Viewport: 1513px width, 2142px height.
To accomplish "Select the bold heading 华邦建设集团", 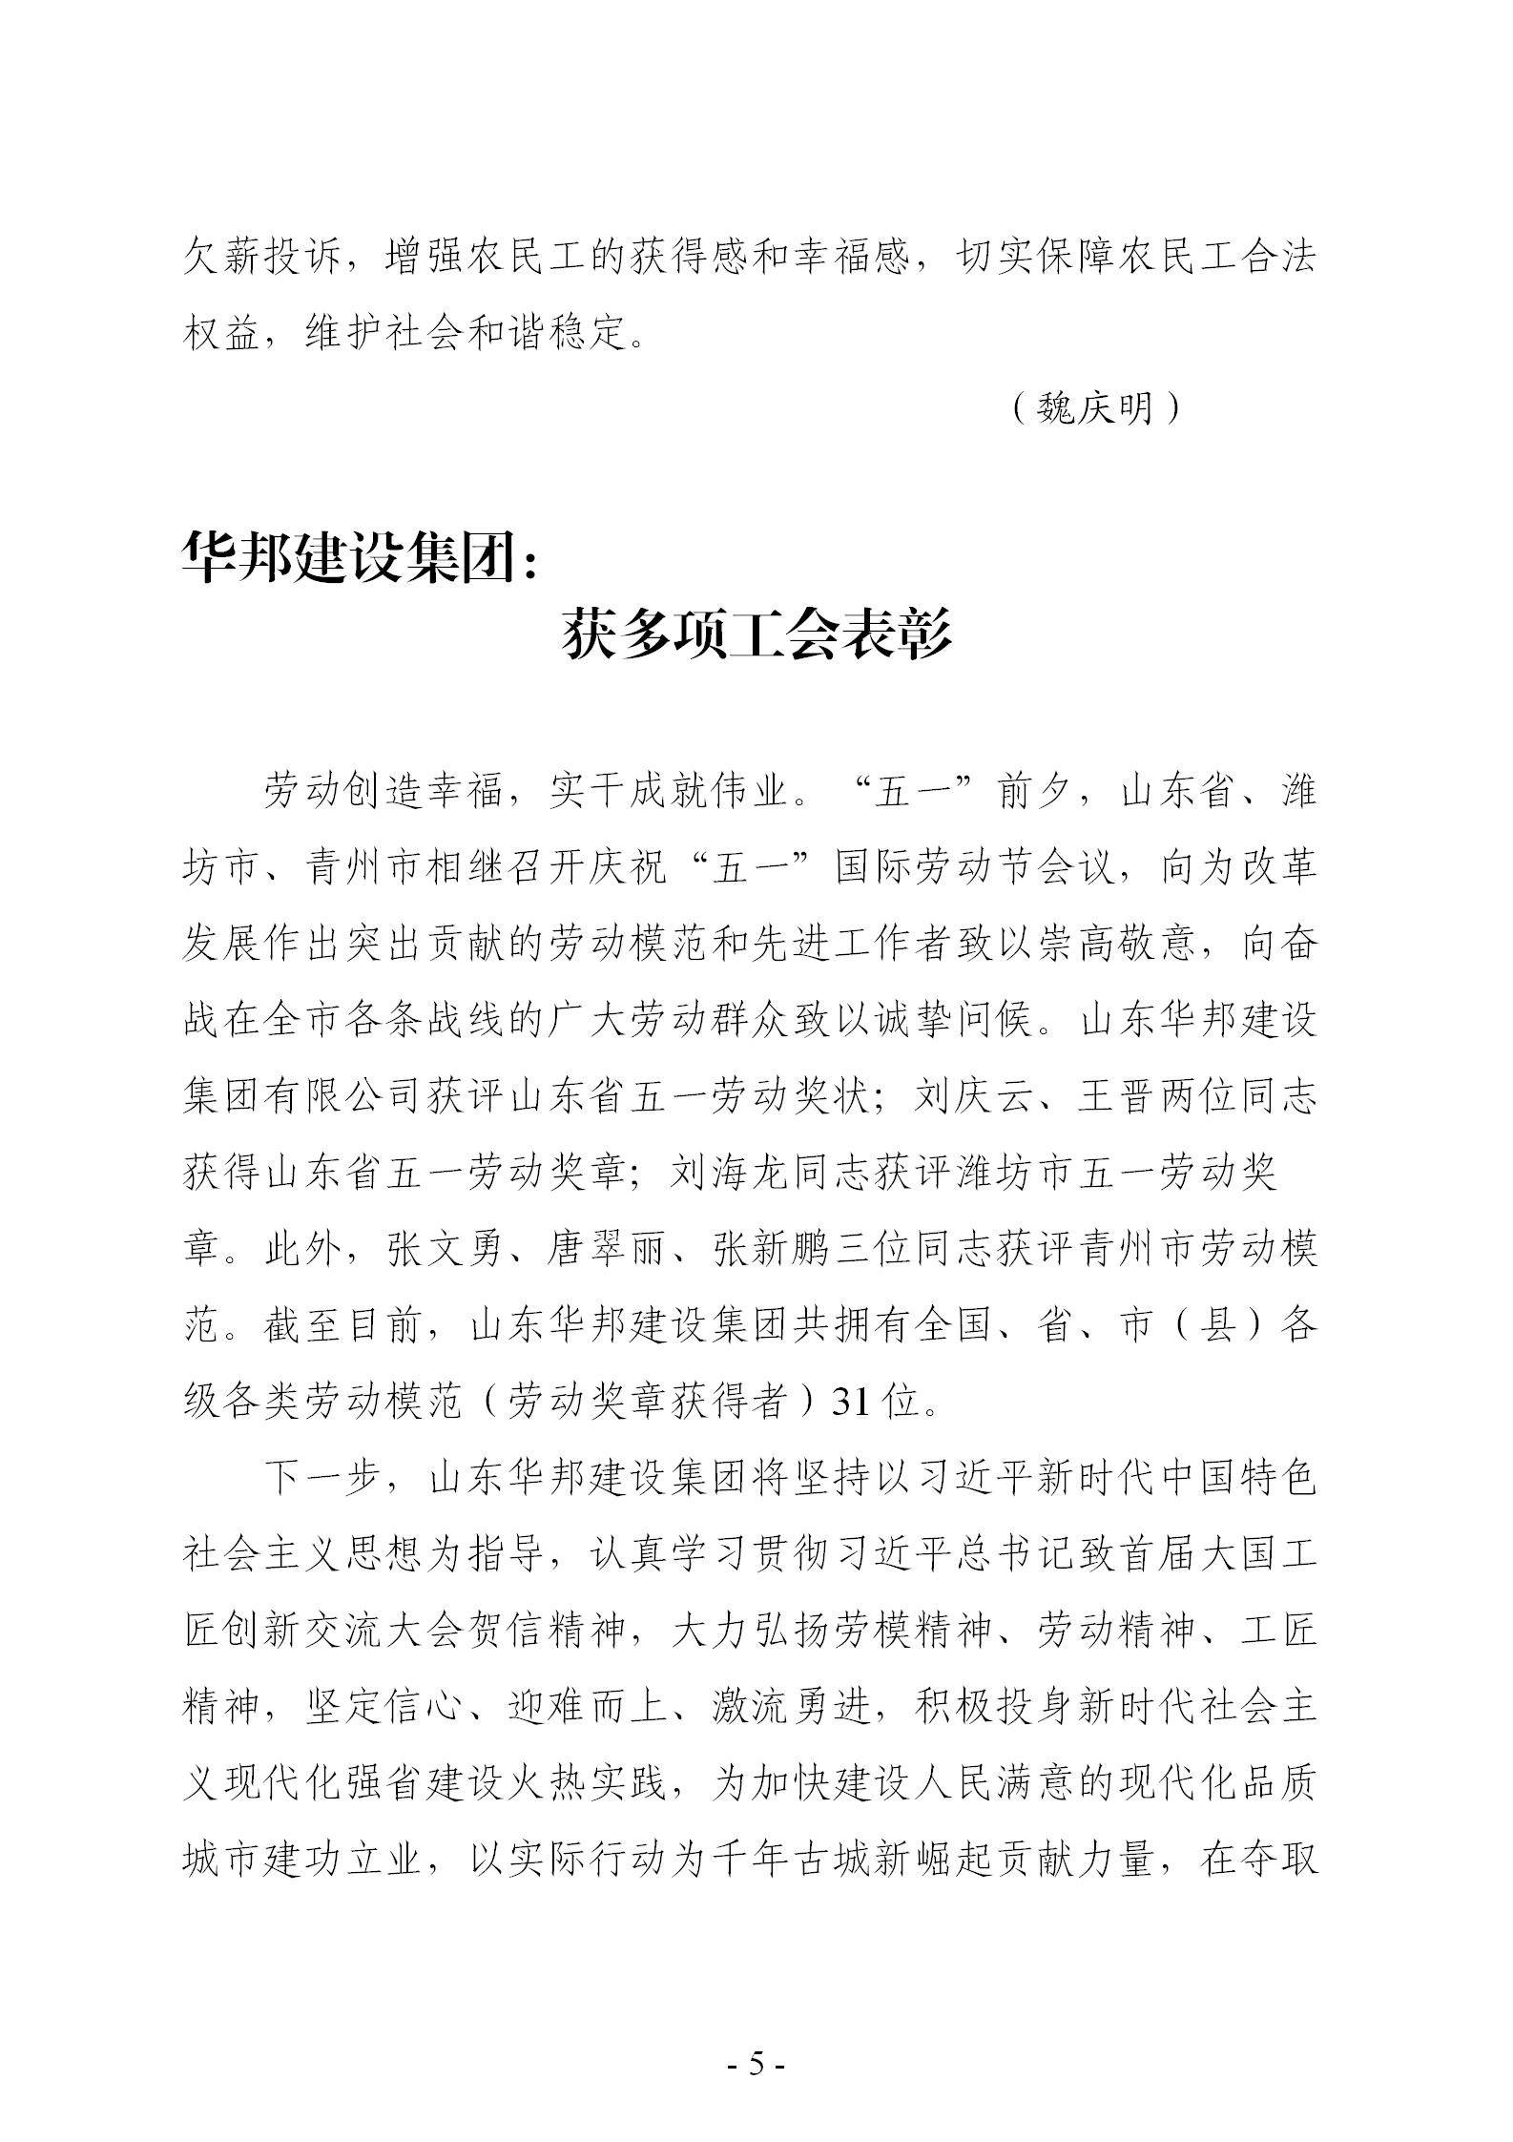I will pyautogui.click(x=343, y=556).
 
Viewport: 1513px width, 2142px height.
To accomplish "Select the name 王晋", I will pyautogui.click(x=1117, y=1097).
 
